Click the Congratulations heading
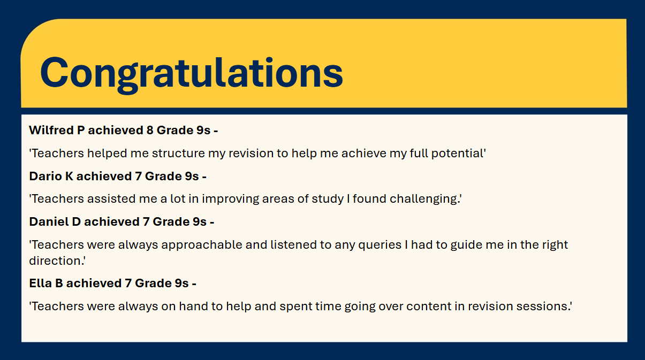(x=192, y=73)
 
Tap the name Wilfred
(x=51, y=130)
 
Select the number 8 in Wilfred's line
(x=150, y=131)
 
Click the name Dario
(x=45, y=176)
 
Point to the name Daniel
(x=49, y=221)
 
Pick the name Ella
(x=40, y=283)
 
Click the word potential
(x=458, y=154)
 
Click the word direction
(x=57, y=261)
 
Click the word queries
(x=380, y=245)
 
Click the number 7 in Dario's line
(x=138, y=177)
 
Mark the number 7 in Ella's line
(x=128, y=284)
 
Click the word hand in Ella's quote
(x=194, y=306)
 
